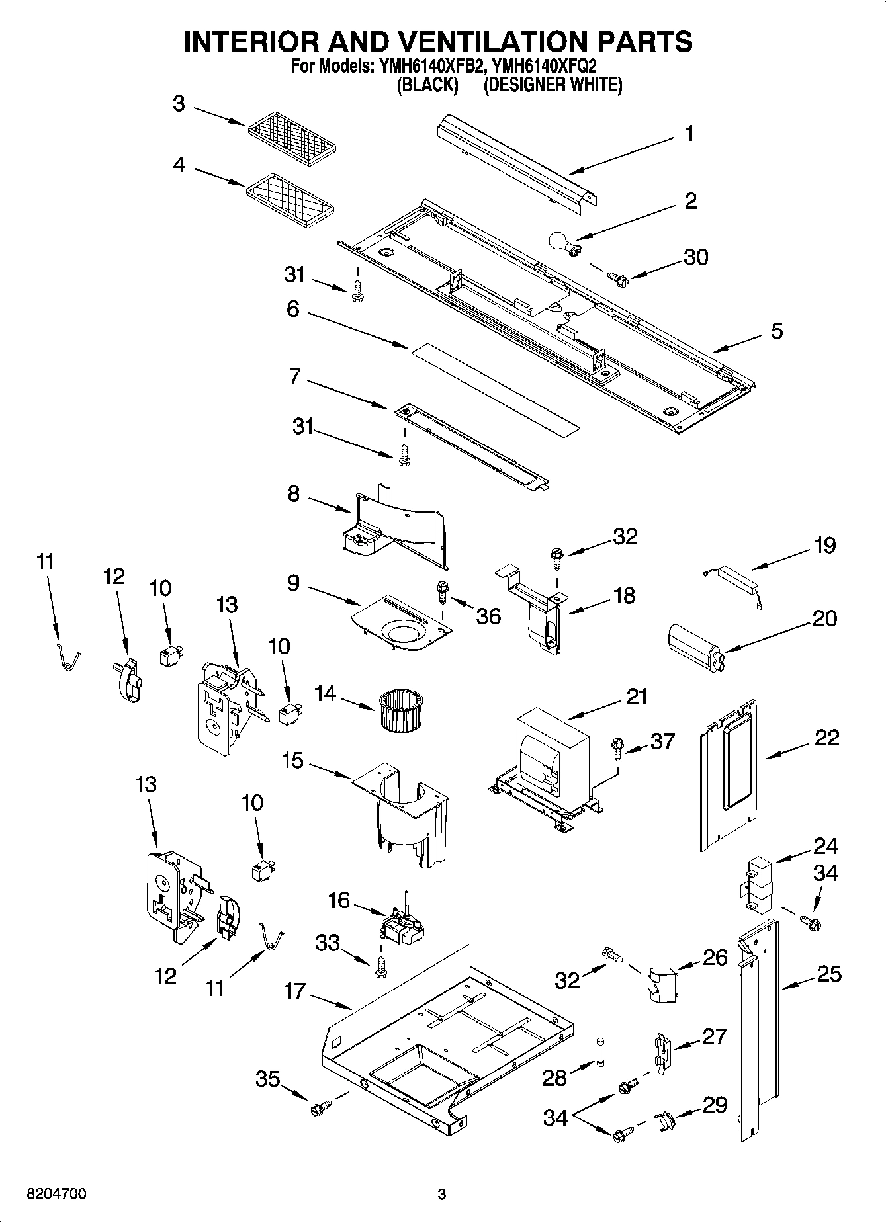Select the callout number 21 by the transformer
[x=636, y=696]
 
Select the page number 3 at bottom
[x=442, y=1195]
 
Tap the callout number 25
[x=828, y=974]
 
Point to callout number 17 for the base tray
[x=295, y=991]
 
